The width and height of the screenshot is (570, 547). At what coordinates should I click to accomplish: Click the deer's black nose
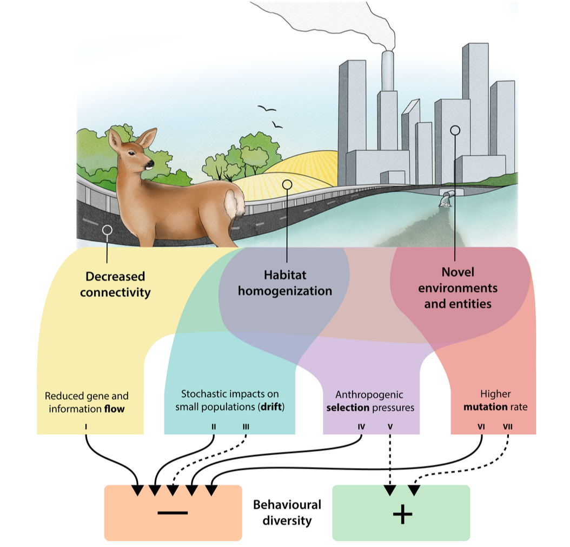(151, 162)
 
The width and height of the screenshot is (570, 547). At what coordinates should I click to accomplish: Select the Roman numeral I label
(86, 426)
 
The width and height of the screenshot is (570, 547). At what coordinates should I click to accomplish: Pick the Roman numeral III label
(246, 426)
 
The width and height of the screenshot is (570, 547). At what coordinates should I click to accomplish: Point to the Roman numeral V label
(390, 426)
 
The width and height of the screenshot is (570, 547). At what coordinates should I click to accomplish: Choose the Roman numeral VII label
(507, 426)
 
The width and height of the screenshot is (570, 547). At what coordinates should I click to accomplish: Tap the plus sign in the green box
(402, 514)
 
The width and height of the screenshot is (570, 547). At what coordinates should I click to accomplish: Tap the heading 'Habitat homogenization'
(290, 283)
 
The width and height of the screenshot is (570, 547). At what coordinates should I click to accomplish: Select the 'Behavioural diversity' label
(287, 512)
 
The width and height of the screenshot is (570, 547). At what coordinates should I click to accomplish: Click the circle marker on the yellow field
(287, 185)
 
